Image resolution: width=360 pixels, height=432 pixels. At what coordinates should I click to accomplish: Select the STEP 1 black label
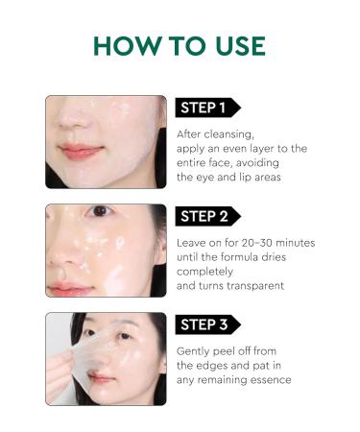pyautogui.click(x=205, y=108)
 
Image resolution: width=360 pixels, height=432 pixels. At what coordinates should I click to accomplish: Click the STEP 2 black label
pyautogui.click(x=205, y=216)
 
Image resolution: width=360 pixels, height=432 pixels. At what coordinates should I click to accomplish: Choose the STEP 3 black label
pyautogui.click(x=205, y=324)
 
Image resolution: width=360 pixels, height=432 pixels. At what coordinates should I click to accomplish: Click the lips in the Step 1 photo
pyautogui.click(x=81, y=151)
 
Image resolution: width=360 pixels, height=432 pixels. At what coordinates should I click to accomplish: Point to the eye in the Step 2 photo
pyautogui.click(x=100, y=211)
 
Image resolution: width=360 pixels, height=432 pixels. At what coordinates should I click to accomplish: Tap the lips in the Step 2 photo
pyautogui.click(x=68, y=286)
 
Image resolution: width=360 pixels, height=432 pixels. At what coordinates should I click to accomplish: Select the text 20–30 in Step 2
pyautogui.click(x=253, y=242)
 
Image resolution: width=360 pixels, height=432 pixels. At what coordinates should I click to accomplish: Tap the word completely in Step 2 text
pyautogui.click(x=208, y=272)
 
